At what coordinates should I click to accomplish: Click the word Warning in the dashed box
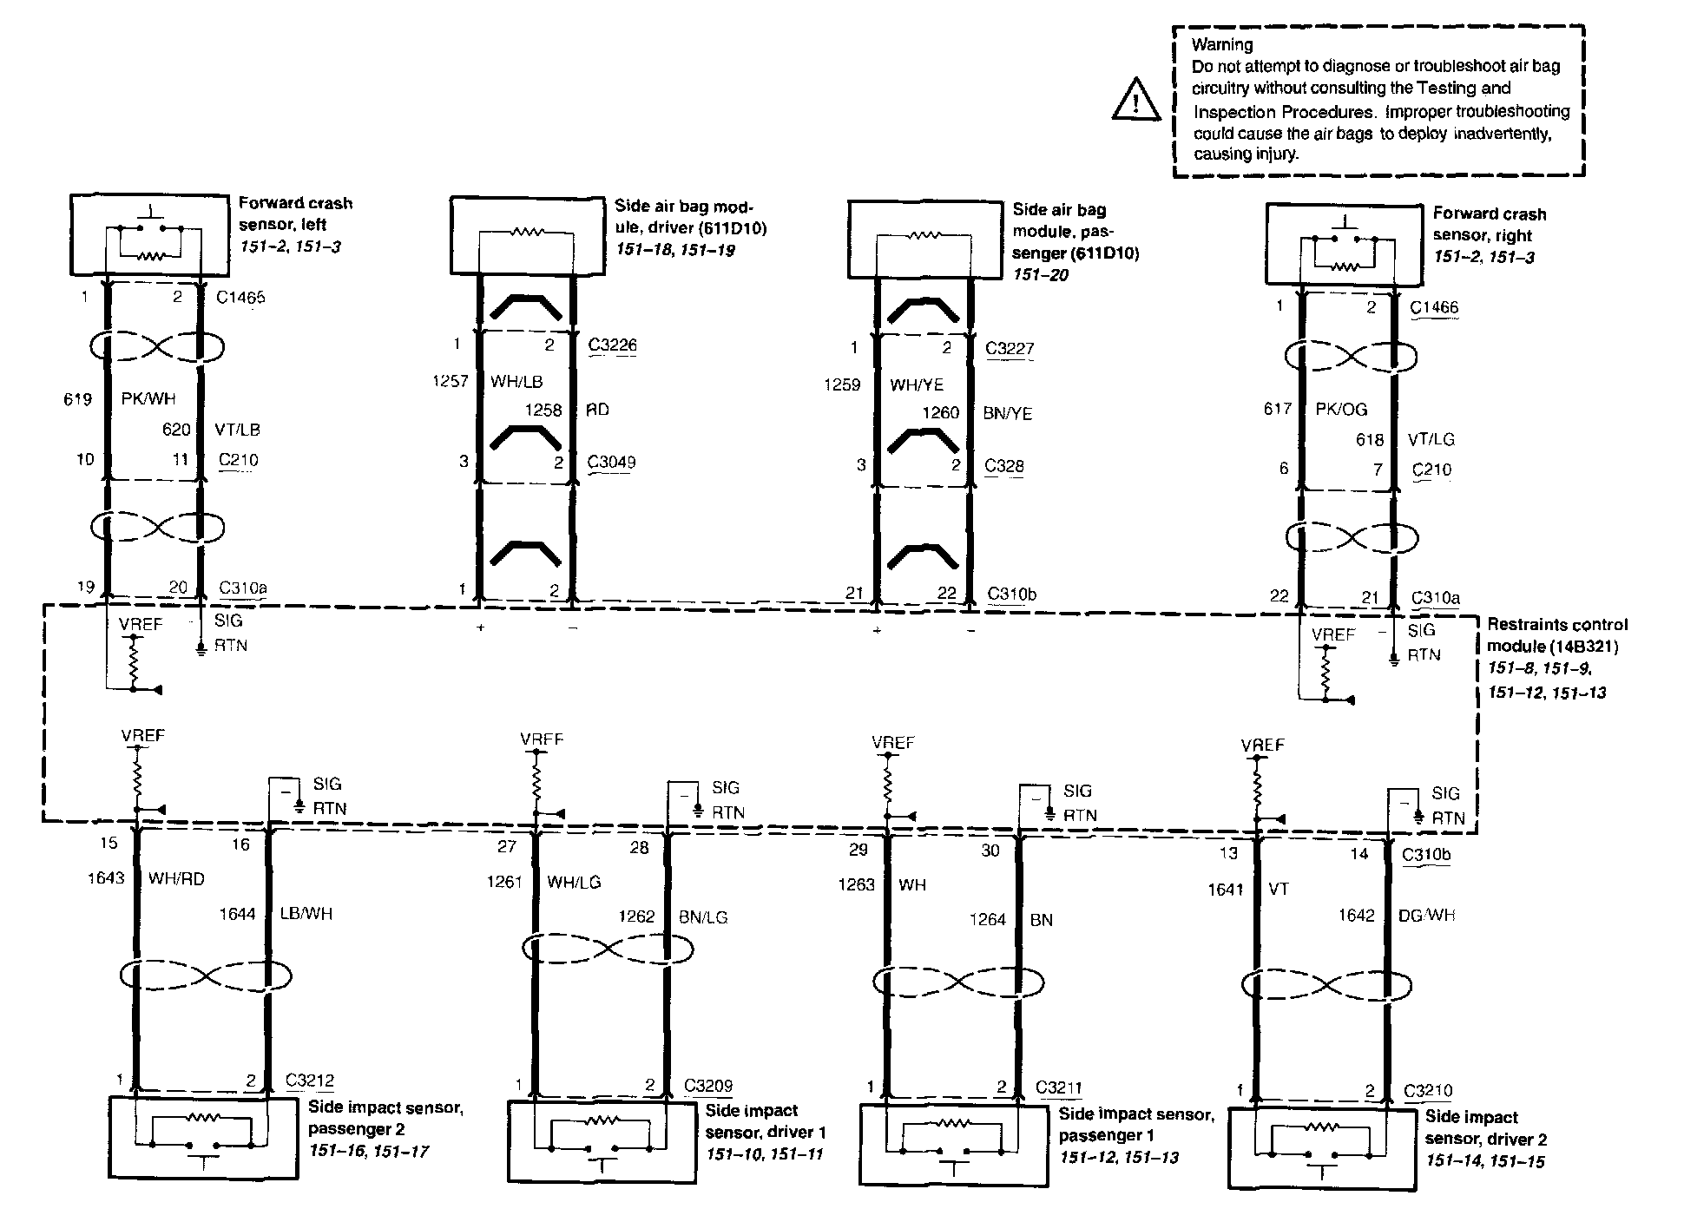coord(1222,44)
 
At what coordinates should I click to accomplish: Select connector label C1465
coord(240,298)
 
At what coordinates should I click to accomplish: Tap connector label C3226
coord(612,345)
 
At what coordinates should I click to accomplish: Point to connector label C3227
coord(1010,349)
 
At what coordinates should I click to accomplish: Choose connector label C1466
coord(1434,308)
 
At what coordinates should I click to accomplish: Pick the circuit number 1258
coord(543,411)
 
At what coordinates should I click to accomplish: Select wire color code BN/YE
coord(1008,414)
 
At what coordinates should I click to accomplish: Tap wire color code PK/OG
coord(1342,409)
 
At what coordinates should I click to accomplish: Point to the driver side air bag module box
coord(527,235)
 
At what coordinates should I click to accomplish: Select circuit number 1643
coord(106,878)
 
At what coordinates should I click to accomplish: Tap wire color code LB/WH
coord(306,914)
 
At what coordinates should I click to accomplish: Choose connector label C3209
coord(708,1086)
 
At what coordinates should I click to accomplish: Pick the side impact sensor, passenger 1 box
coord(954,1145)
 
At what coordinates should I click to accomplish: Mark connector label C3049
coord(611,462)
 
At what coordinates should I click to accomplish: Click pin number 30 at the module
coord(990,851)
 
